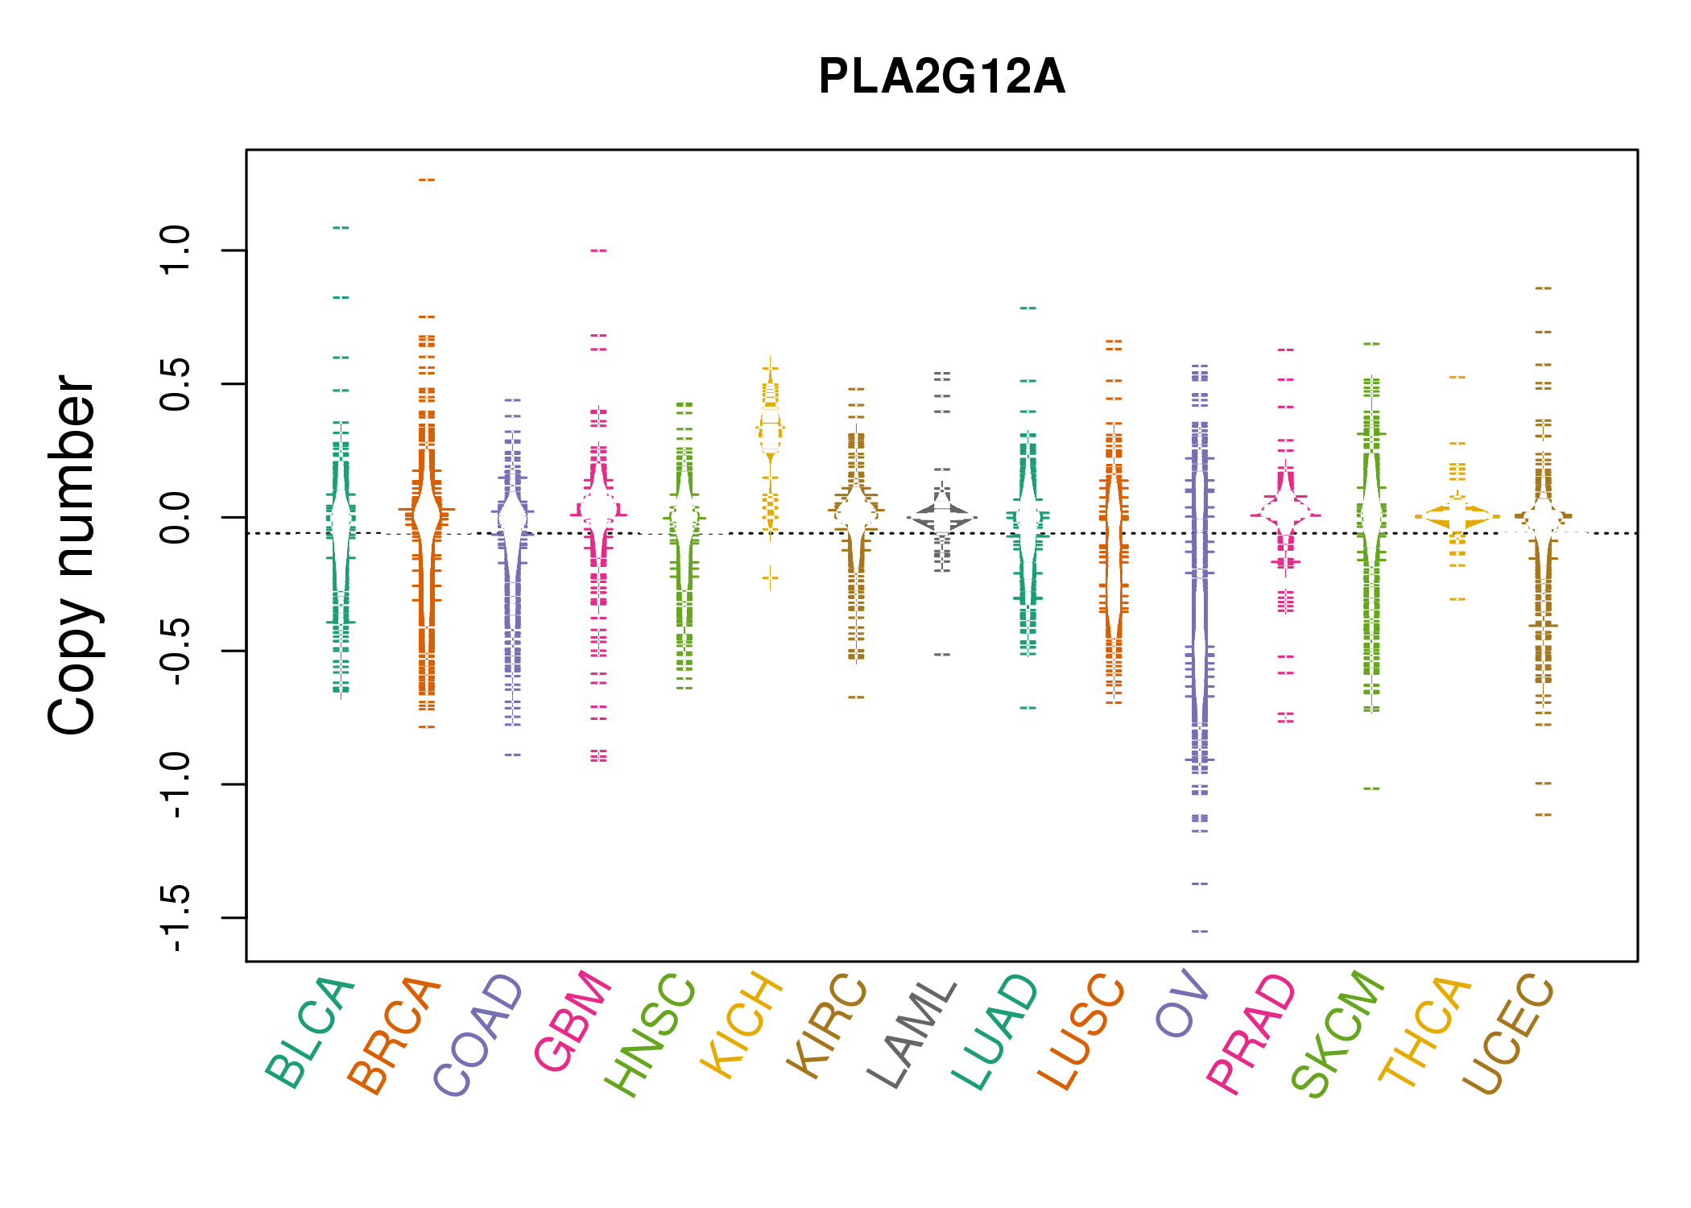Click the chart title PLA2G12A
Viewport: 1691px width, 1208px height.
pos(941,77)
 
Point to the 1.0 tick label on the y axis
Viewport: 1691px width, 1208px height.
pos(175,250)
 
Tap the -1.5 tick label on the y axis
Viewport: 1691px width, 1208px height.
pos(175,917)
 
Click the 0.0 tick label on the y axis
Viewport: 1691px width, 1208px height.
pos(175,517)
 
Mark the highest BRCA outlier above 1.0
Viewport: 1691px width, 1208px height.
pos(427,180)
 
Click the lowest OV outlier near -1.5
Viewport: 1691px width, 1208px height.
pos(1200,931)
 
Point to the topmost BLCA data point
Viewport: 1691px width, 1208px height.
pos(341,228)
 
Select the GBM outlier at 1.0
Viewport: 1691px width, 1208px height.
pos(598,250)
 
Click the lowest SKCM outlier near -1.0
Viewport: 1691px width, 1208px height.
pos(1371,788)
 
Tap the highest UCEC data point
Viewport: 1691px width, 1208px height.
pos(1543,288)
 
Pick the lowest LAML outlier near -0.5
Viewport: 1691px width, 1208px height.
pos(942,655)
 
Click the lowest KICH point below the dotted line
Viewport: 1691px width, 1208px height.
pos(771,577)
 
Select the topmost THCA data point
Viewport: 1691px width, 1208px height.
pos(1457,377)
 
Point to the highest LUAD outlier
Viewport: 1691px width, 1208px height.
pos(1028,308)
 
